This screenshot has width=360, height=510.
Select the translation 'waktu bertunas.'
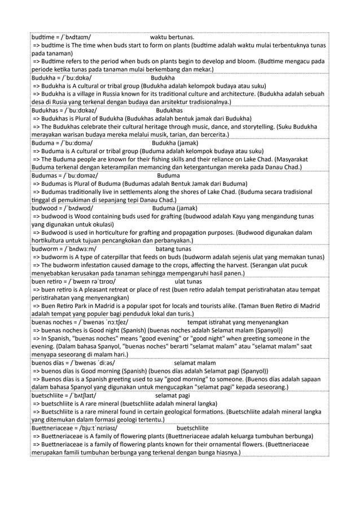click(172, 37)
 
